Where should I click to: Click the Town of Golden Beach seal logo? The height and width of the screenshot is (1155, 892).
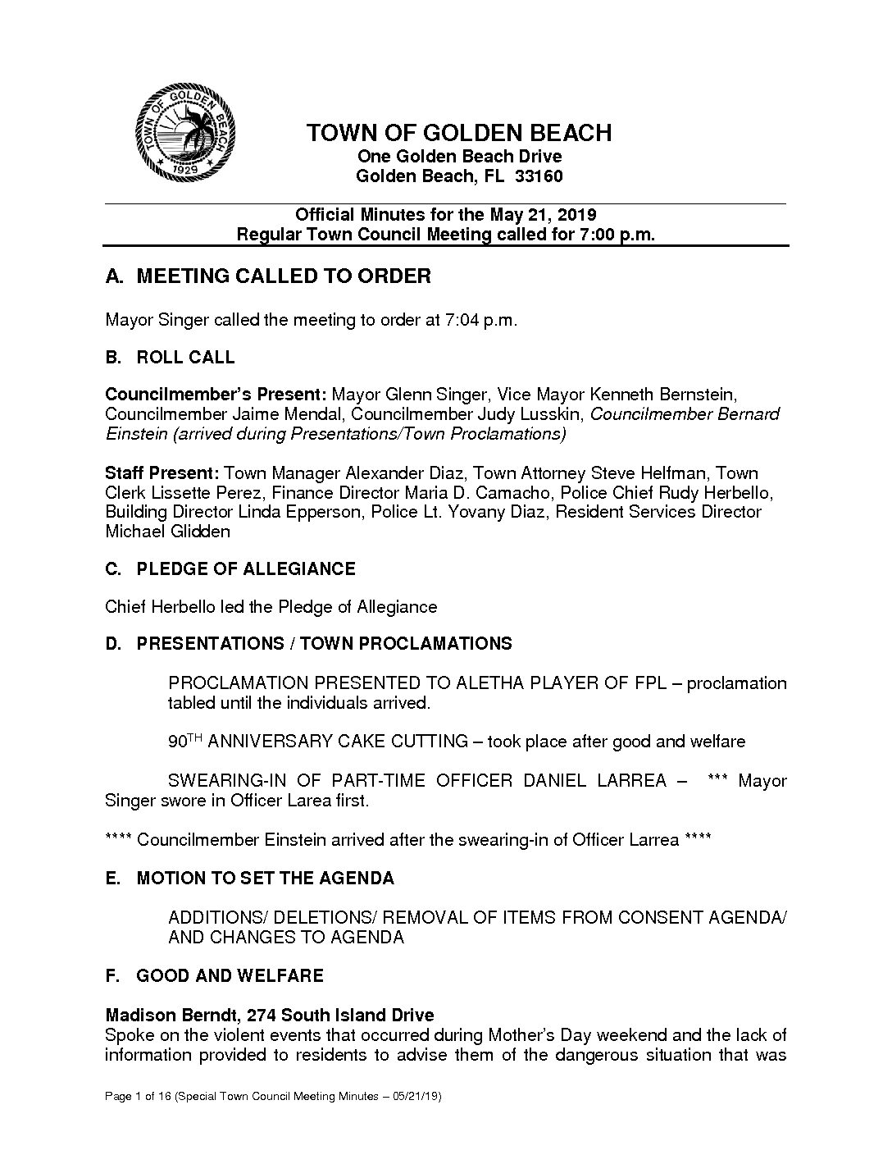pos(185,135)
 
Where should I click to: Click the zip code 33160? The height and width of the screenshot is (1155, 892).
pos(539,176)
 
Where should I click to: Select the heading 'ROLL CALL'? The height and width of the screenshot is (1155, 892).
pos(185,358)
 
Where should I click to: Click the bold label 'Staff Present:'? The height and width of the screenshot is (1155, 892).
pos(162,473)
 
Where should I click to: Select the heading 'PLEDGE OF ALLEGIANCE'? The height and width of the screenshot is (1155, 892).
pos(246,569)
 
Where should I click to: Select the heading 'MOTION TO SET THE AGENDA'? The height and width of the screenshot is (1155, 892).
pos(265,879)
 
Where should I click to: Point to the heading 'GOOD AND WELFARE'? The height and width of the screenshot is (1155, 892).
pos(230,976)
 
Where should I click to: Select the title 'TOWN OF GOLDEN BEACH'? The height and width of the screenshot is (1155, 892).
pos(458,133)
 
